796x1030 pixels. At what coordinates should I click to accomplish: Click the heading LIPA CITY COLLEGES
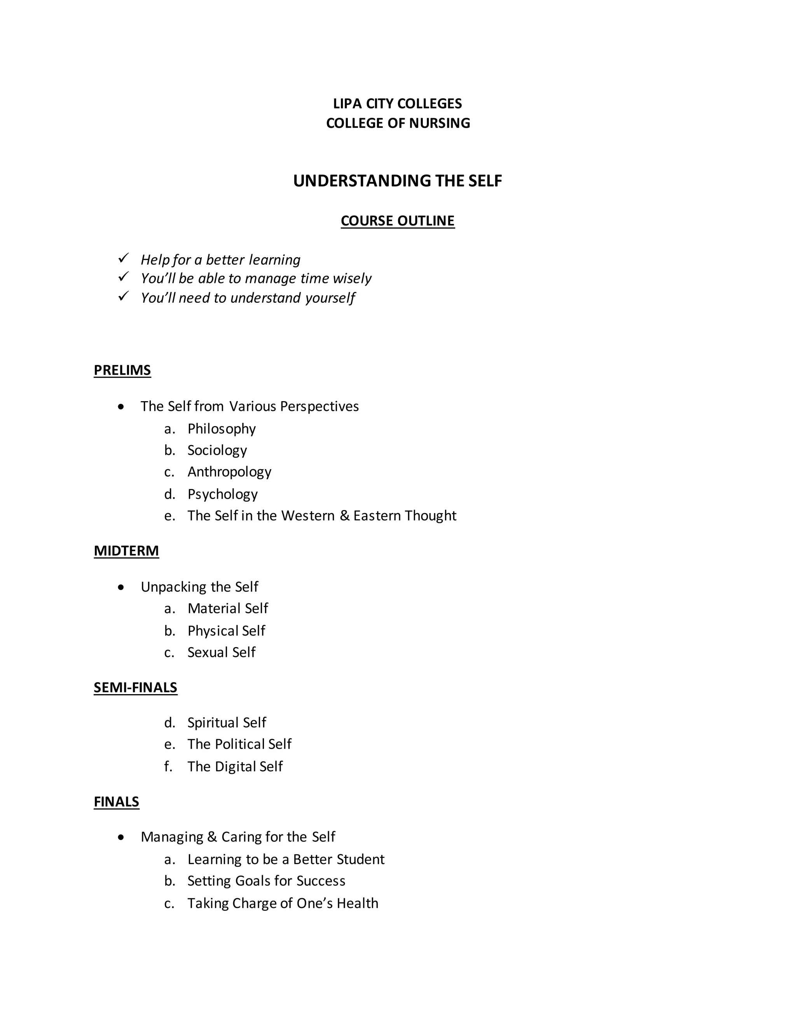click(x=397, y=103)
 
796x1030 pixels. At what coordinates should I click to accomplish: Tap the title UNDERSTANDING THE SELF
click(x=397, y=181)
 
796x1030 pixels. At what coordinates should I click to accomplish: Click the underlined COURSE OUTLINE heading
click(x=398, y=221)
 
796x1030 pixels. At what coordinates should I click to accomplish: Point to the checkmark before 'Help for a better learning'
click(x=124, y=258)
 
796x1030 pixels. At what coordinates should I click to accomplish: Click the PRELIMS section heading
click(x=122, y=370)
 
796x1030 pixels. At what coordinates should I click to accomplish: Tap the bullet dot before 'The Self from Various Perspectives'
click(x=122, y=407)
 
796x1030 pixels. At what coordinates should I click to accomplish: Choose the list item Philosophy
click(x=222, y=429)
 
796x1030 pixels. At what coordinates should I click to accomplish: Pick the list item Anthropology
click(x=229, y=471)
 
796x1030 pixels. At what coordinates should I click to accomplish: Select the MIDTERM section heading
click(x=126, y=551)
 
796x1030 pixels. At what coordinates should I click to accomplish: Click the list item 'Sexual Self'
click(x=221, y=652)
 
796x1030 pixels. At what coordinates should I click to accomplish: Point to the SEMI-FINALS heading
click(x=135, y=688)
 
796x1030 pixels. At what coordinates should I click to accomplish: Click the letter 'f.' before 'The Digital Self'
click(x=168, y=766)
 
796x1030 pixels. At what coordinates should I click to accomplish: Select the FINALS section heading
click(x=117, y=802)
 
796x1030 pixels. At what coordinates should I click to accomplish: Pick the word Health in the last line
click(x=357, y=903)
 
